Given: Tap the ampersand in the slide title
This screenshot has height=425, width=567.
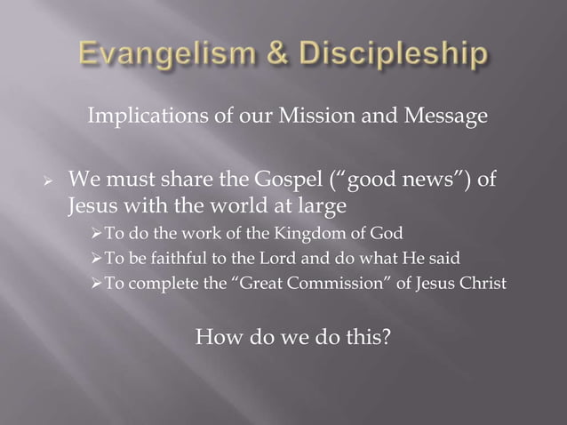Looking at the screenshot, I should (269, 55).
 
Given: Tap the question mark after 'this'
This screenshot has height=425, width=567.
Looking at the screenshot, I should (386, 337).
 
